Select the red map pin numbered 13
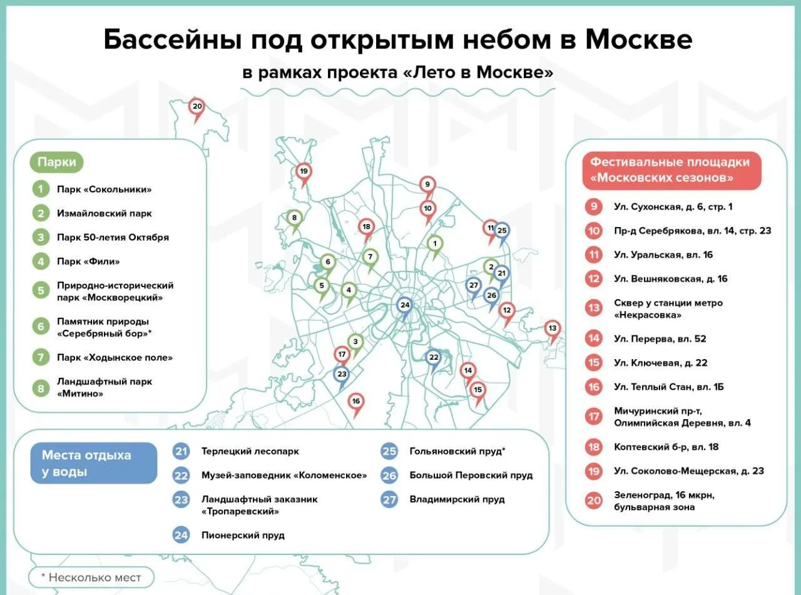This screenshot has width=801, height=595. pyautogui.click(x=552, y=330)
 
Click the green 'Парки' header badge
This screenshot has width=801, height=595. pyautogui.click(x=57, y=162)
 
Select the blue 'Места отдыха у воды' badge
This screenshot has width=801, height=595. pyautogui.click(x=94, y=463)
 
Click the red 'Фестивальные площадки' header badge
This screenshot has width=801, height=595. pyautogui.click(x=671, y=170)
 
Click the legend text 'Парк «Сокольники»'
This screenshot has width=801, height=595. pyautogui.click(x=105, y=190)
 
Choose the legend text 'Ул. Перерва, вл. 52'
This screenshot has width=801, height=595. pyautogui.click(x=660, y=338)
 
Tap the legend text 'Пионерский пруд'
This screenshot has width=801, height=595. pyautogui.click(x=243, y=535)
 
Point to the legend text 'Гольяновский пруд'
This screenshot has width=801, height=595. pyautogui.click(x=456, y=451)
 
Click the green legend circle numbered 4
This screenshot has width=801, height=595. pyautogui.click(x=41, y=261)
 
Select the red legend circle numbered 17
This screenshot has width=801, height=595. pyautogui.click(x=594, y=417)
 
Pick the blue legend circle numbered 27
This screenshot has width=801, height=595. pyautogui.click(x=389, y=500)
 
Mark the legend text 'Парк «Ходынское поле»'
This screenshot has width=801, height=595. pyautogui.click(x=115, y=357)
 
